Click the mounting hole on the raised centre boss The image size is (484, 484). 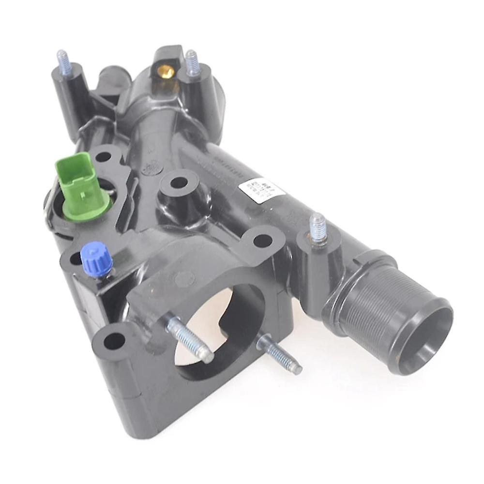pos(180,183)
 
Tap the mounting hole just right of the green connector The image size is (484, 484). pos(104,157)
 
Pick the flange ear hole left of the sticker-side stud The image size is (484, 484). pos(262,241)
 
